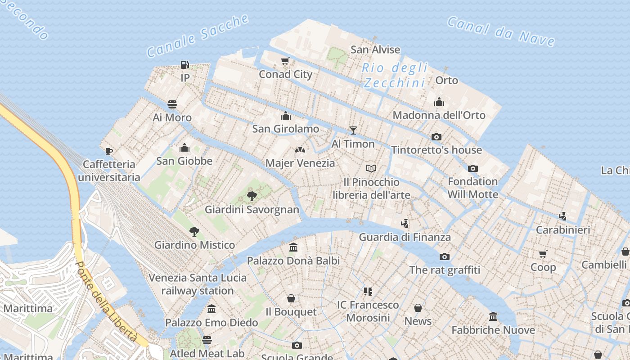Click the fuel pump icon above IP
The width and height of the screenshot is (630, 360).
(184, 65)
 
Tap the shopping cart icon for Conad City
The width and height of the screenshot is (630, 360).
(285, 61)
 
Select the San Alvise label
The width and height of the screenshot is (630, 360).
(375, 49)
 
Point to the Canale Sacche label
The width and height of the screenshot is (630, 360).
(198, 36)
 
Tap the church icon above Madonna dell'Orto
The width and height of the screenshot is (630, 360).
(439, 102)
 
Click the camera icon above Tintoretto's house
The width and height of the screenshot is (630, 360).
(436, 137)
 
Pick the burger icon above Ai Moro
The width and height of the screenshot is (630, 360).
(172, 104)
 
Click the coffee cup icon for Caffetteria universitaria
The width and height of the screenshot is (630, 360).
(108, 151)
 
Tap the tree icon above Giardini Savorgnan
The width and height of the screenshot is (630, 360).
(252, 196)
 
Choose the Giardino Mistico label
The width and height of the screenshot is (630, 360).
(194, 245)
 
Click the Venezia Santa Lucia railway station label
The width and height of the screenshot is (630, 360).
(198, 284)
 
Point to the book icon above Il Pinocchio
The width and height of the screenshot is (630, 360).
(371, 169)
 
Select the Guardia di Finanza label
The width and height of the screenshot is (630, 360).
(405, 237)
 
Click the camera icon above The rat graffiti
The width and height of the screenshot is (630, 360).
(445, 257)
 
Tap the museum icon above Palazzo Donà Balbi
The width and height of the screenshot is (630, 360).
(294, 247)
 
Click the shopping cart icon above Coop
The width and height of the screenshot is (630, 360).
(543, 254)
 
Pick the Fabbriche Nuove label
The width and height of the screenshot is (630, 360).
(493, 330)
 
